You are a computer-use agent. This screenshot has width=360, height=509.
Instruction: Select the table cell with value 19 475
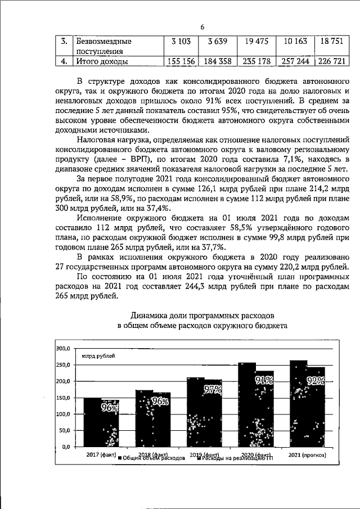(254, 42)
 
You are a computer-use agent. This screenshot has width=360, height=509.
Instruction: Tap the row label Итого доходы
(101, 61)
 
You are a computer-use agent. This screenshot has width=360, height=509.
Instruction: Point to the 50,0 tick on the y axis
(63, 430)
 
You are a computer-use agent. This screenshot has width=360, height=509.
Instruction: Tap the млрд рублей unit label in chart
(98, 356)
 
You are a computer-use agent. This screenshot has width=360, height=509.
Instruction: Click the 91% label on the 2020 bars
(264, 381)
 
